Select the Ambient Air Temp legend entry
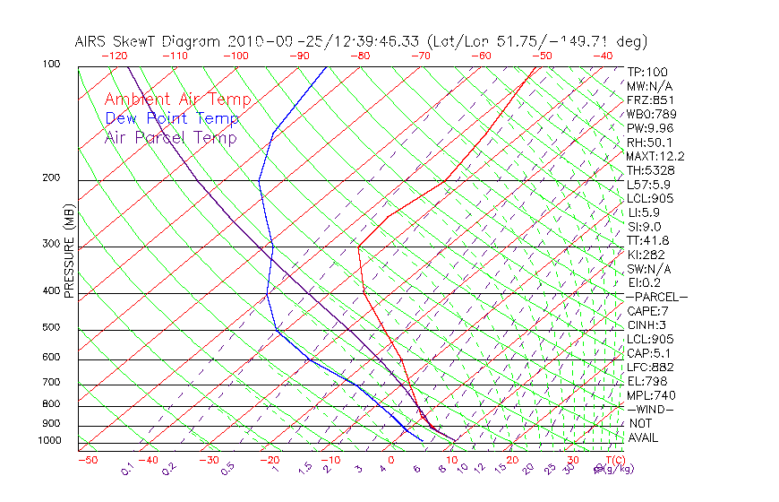tap(177, 100)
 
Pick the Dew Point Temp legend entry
tap(172, 119)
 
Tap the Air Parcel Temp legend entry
tap(170, 138)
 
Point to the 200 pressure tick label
tap(51, 177)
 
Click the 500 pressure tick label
tap(51, 328)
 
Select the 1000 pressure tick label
tap(48, 441)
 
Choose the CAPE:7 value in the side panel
tap(648, 311)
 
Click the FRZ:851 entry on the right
tap(650, 100)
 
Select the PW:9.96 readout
tap(650, 128)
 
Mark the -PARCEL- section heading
tap(657, 297)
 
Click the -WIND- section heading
tap(651, 409)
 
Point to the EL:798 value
tap(647, 381)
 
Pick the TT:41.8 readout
tap(648, 240)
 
